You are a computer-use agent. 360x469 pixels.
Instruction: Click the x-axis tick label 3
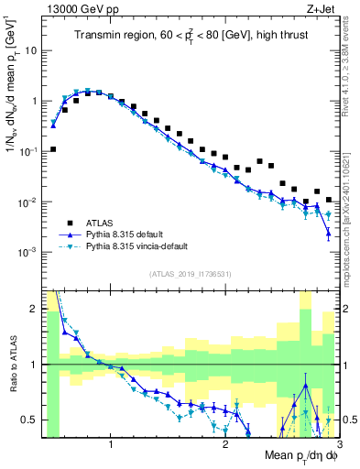(x=338, y=445)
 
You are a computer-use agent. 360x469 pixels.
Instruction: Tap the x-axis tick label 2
(x=225, y=445)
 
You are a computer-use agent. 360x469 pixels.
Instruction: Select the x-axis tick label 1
(x=111, y=445)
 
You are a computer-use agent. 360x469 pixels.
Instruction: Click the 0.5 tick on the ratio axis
(x=30, y=420)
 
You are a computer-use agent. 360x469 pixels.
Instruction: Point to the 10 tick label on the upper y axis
(x=30, y=50)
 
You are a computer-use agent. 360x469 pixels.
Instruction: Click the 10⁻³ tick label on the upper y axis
(x=28, y=252)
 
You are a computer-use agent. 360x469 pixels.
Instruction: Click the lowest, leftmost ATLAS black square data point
(x=53, y=148)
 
